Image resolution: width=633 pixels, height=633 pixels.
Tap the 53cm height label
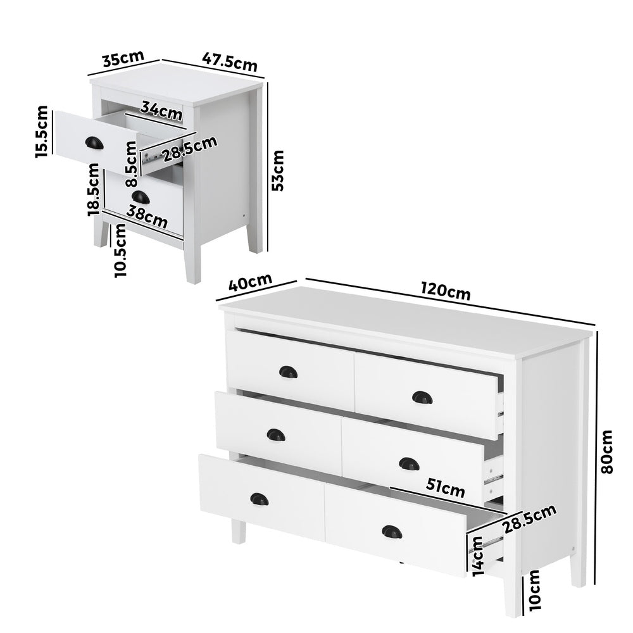coord(277,170)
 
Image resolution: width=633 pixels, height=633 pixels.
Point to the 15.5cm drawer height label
coord(41,131)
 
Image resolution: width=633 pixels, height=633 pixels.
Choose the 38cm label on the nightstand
coord(147,217)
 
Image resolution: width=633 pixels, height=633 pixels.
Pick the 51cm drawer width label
coord(445,489)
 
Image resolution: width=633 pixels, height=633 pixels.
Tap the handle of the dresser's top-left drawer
coord(288,372)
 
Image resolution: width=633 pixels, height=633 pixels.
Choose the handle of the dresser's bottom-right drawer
coord(392,532)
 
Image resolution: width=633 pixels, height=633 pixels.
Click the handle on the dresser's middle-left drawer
coord(275,435)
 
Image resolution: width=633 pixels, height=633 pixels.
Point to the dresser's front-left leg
coord(239,530)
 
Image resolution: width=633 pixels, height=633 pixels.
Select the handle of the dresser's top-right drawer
coord(422,397)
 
